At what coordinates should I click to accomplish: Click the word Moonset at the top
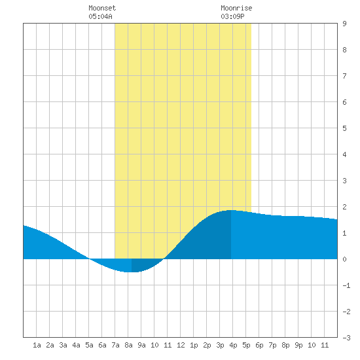tap(102, 8)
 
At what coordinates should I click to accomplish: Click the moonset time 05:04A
tap(100, 16)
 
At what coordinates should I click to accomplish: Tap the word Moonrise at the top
tap(236, 8)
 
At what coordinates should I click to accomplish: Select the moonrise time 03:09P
tap(232, 16)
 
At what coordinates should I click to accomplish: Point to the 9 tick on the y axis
tap(344, 24)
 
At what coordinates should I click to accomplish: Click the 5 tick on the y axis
tap(344, 128)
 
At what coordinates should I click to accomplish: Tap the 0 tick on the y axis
tap(344, 259)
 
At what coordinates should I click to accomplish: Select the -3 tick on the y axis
tap(346, 338)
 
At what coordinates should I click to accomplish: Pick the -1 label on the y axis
tap(346, 285)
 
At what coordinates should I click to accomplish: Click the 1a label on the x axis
tap(37, 345)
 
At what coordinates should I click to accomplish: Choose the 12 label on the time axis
tap(181, 345)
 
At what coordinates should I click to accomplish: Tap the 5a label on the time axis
tap(89, 345)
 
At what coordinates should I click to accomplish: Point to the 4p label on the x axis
tap(233, 345)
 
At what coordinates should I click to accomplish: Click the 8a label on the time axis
tap(128, 345)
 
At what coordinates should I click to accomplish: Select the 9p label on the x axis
tap(298, 345)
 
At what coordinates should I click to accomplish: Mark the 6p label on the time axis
tap(259, 345)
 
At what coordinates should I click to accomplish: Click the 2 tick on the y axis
tap(344, 207)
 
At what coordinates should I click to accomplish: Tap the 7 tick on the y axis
tap(344, 76)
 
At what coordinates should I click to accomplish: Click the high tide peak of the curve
tap(231, 210)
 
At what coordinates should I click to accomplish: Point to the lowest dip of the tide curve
tap(132, 272)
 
